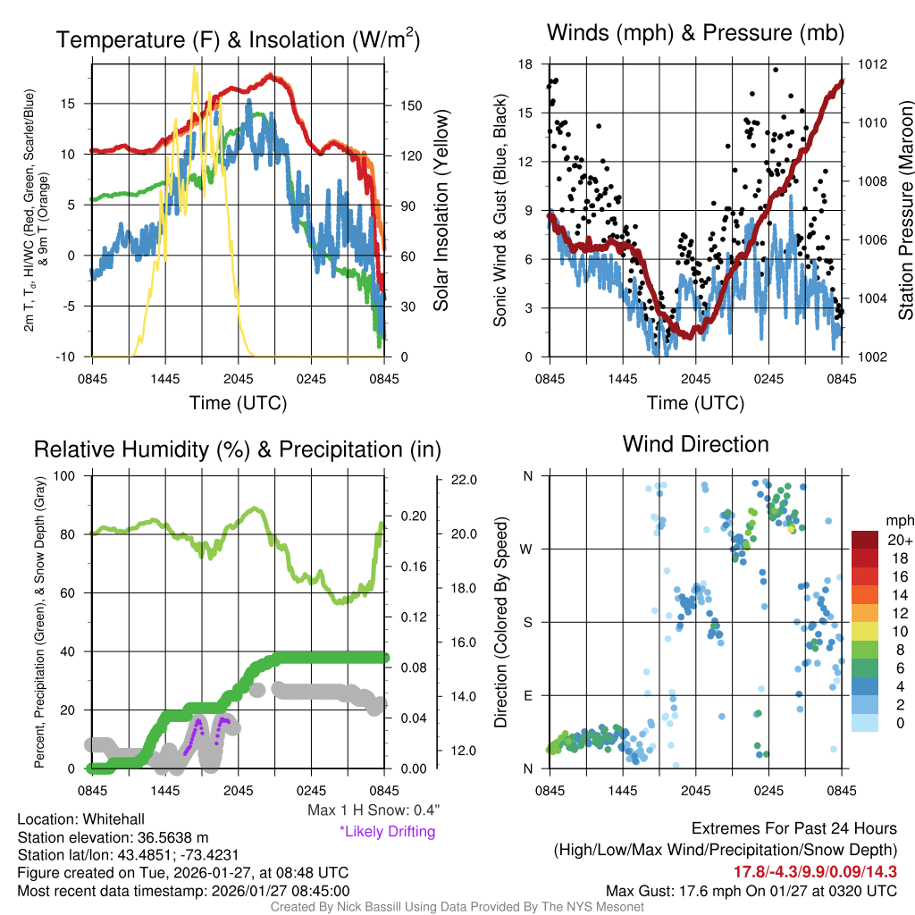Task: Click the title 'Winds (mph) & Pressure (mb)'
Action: [x=695, y=34]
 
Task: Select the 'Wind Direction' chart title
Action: [x=695, y=444]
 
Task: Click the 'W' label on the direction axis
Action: [x=527, y=549]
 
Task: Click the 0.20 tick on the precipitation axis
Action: [x=414, y=516]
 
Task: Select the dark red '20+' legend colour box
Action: [x=865, y=540]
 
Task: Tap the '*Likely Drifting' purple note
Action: [x=387, y=832]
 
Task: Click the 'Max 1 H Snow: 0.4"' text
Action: [x=373, y=810]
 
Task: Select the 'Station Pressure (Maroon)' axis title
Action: [x=904, y=211]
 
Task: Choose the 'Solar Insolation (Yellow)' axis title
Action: [x=441, y=211]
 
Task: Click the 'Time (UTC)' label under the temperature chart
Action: [x=238, y=403]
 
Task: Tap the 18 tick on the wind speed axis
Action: [x=525, y=64]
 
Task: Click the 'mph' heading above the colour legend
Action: [x=896, y=521]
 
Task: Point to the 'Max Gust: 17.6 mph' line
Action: [x=751, y=891]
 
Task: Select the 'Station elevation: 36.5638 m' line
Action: [x=113, y=837]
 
